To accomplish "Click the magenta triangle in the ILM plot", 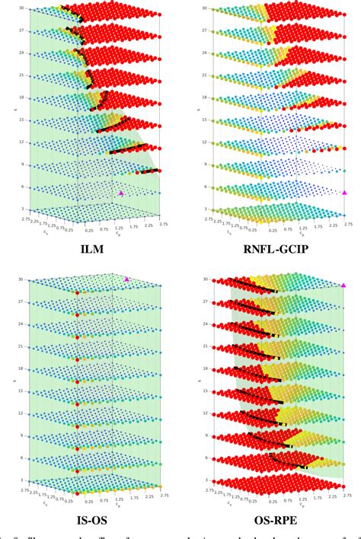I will point(121,193).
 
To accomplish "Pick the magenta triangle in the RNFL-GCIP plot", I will point(344,193).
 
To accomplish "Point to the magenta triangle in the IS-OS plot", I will point(127,279).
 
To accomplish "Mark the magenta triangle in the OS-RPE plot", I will point(344,285).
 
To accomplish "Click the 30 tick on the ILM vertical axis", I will point(22,8).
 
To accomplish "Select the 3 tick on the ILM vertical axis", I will point(24,209).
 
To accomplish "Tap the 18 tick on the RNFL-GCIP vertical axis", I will point(203,97).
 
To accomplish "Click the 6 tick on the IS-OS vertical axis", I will point(24,458).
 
